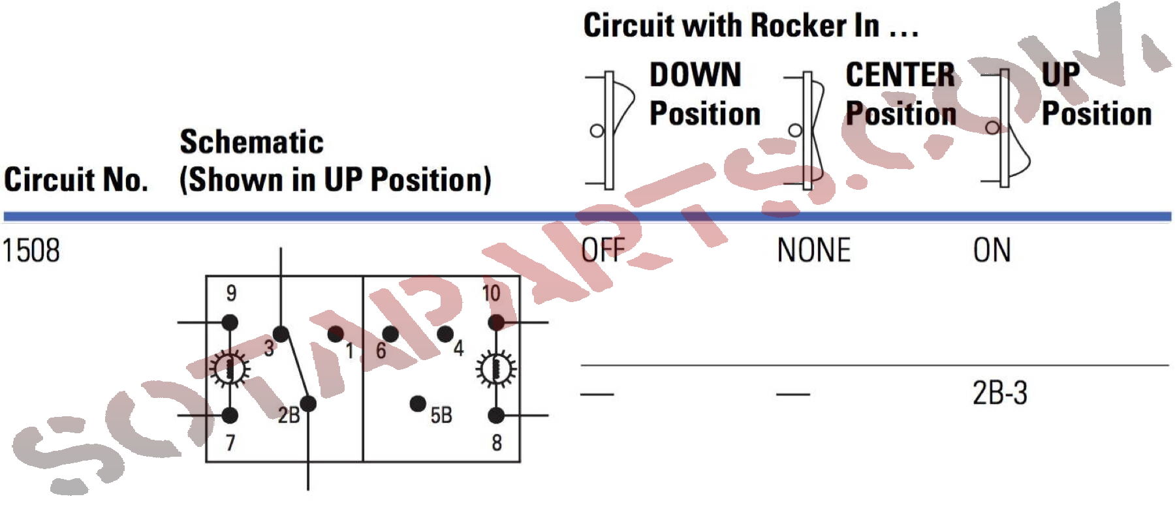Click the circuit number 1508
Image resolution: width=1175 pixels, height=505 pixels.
click(x=31, y=251)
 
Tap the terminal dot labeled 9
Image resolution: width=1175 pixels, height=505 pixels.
click(x=230, y=322)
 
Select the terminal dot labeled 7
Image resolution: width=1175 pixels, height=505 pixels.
click(x=230, y=415)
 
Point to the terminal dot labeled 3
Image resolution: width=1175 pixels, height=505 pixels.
click(x=281, y=334)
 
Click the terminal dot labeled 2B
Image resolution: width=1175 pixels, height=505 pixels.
click(x=308, y=403)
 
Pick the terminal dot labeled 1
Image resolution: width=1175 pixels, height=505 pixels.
click(x=336, y=334)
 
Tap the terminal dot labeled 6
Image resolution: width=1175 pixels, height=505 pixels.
click(x=390, y=334)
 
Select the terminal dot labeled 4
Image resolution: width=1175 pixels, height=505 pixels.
click(x=445, y=334)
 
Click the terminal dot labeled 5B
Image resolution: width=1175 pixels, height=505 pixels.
click(x=418, y=404)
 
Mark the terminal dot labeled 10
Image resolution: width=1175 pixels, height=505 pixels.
click(x=496, y=322)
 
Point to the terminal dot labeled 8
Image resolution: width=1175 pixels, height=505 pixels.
click(x=496, y=415)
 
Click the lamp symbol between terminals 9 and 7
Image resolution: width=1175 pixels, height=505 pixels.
click(x=230, y=369)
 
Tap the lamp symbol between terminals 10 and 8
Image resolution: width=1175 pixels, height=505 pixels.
click(x=496, y=369)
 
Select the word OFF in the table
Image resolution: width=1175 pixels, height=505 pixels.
click(x=603, y=250)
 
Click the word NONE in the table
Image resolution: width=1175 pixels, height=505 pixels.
click(x=813, y=251)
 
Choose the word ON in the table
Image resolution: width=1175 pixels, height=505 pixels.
click(x=992, y=251)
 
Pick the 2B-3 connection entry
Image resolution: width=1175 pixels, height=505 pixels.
click(x=999, y=393)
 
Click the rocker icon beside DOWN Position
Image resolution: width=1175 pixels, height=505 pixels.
click(x=611, y=130)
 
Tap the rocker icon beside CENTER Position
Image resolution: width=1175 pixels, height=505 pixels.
click(x=808, y=130)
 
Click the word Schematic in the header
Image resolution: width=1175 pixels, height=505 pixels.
click(x=251, y=142)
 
